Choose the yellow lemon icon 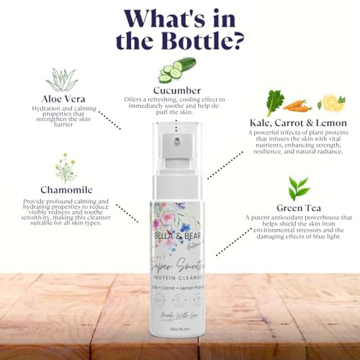coord(330,103)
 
